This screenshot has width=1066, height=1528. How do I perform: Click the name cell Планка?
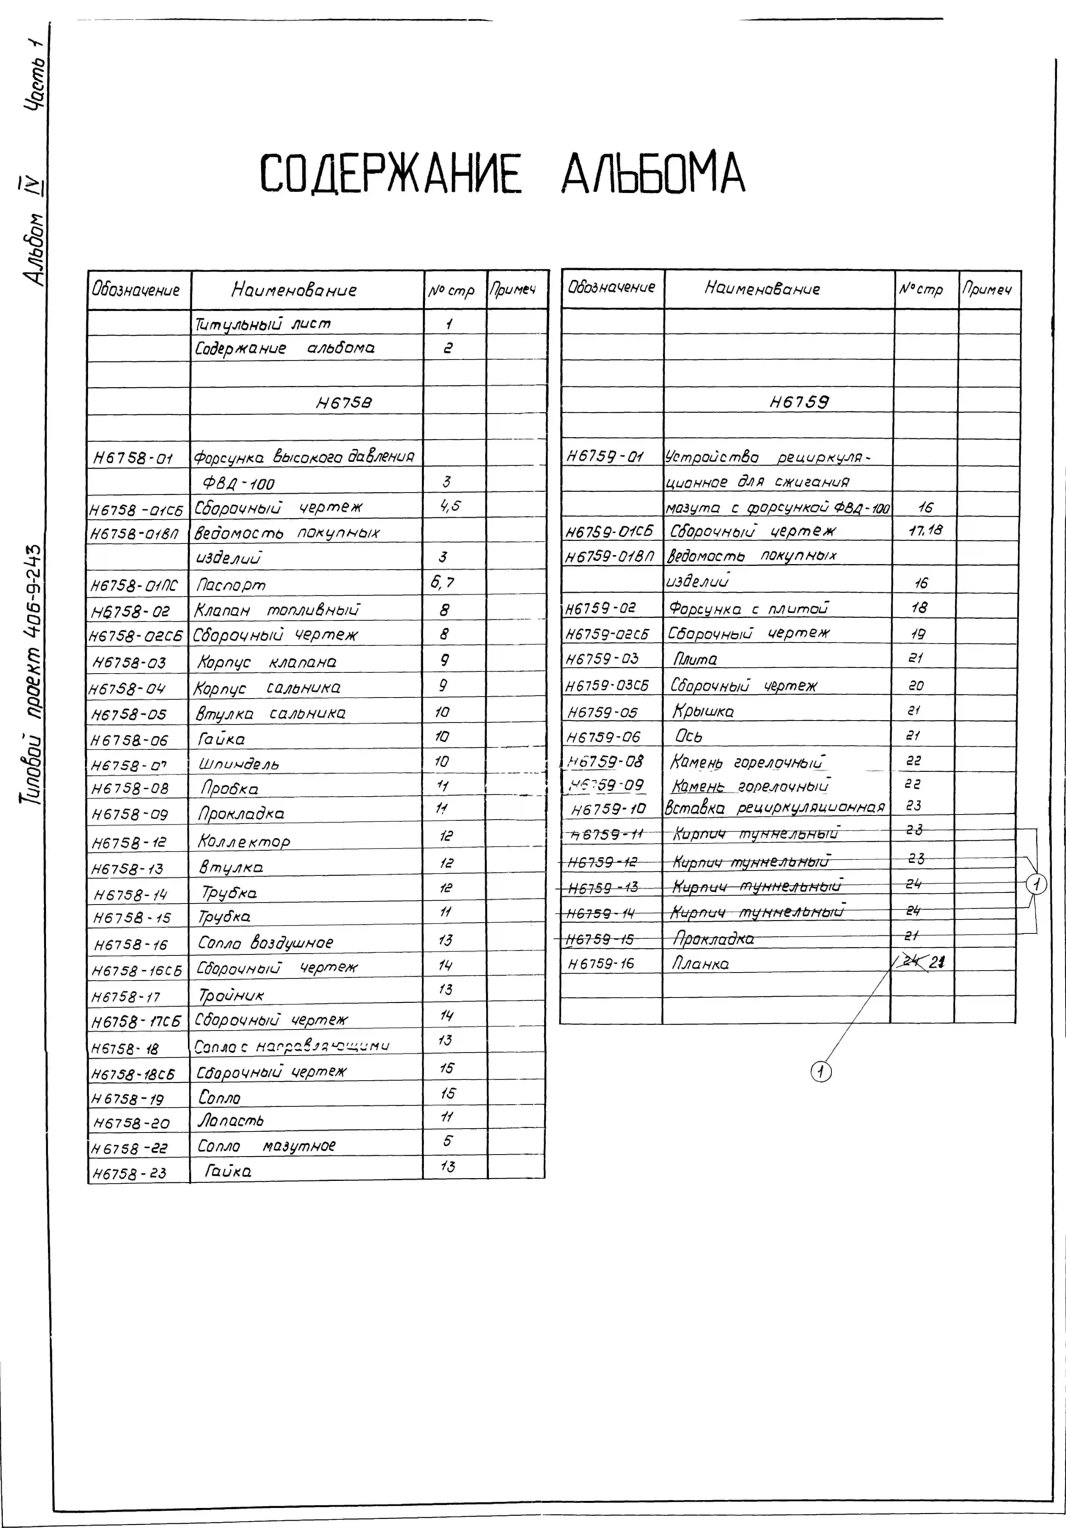[701, 963]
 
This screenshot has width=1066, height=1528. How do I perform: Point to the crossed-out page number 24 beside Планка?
[911, 961]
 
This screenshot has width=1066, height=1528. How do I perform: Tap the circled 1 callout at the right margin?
[1036, 884]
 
